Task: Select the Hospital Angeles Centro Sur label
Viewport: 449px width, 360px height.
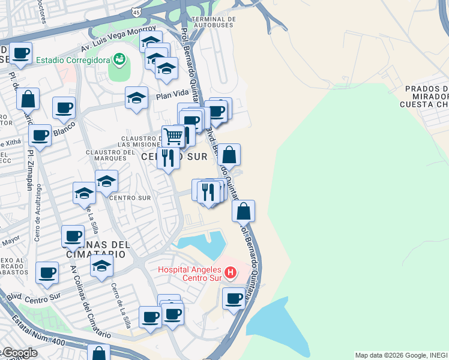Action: pyautogui.click(x=188, y=274)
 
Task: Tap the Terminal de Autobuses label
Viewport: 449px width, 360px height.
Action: pyautogui.click(x=213, y=22)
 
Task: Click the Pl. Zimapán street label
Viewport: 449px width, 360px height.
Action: pyautogui.click(x=29, y=170)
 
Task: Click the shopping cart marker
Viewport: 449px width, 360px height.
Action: pyautogui.click(x=173, y=136)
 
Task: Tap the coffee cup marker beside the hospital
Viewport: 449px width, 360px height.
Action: pyautogui.click(x=234, y=298)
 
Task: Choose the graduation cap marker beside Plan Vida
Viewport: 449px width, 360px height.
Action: pyautogui.click(x=137, y=97)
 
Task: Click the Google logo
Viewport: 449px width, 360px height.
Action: pyautogui.click(x=19, y=353)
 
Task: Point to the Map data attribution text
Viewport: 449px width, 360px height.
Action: pyautogui.click(x=401, y=355)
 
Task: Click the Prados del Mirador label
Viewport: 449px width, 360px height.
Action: pyautogui.click(x=426, y=96)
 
